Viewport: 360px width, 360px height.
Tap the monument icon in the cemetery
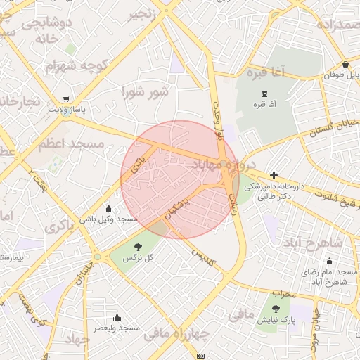(264, 94)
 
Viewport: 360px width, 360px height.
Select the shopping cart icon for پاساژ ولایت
(65, 99)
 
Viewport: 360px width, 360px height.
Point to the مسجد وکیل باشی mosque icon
(108, 208)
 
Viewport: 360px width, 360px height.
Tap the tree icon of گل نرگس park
(138, 247)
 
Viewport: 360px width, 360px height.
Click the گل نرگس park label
(138, 259)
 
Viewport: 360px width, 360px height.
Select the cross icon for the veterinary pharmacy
(274, 175)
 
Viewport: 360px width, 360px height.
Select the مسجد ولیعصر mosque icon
(117, 317)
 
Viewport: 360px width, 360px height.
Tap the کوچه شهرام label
(79, 65)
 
